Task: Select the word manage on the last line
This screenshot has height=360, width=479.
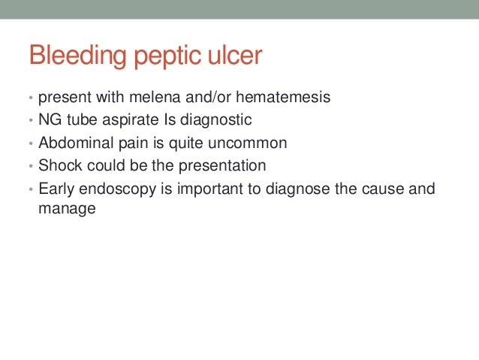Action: click(67, 210)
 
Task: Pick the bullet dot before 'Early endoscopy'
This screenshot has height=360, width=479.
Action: click(32, 189)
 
